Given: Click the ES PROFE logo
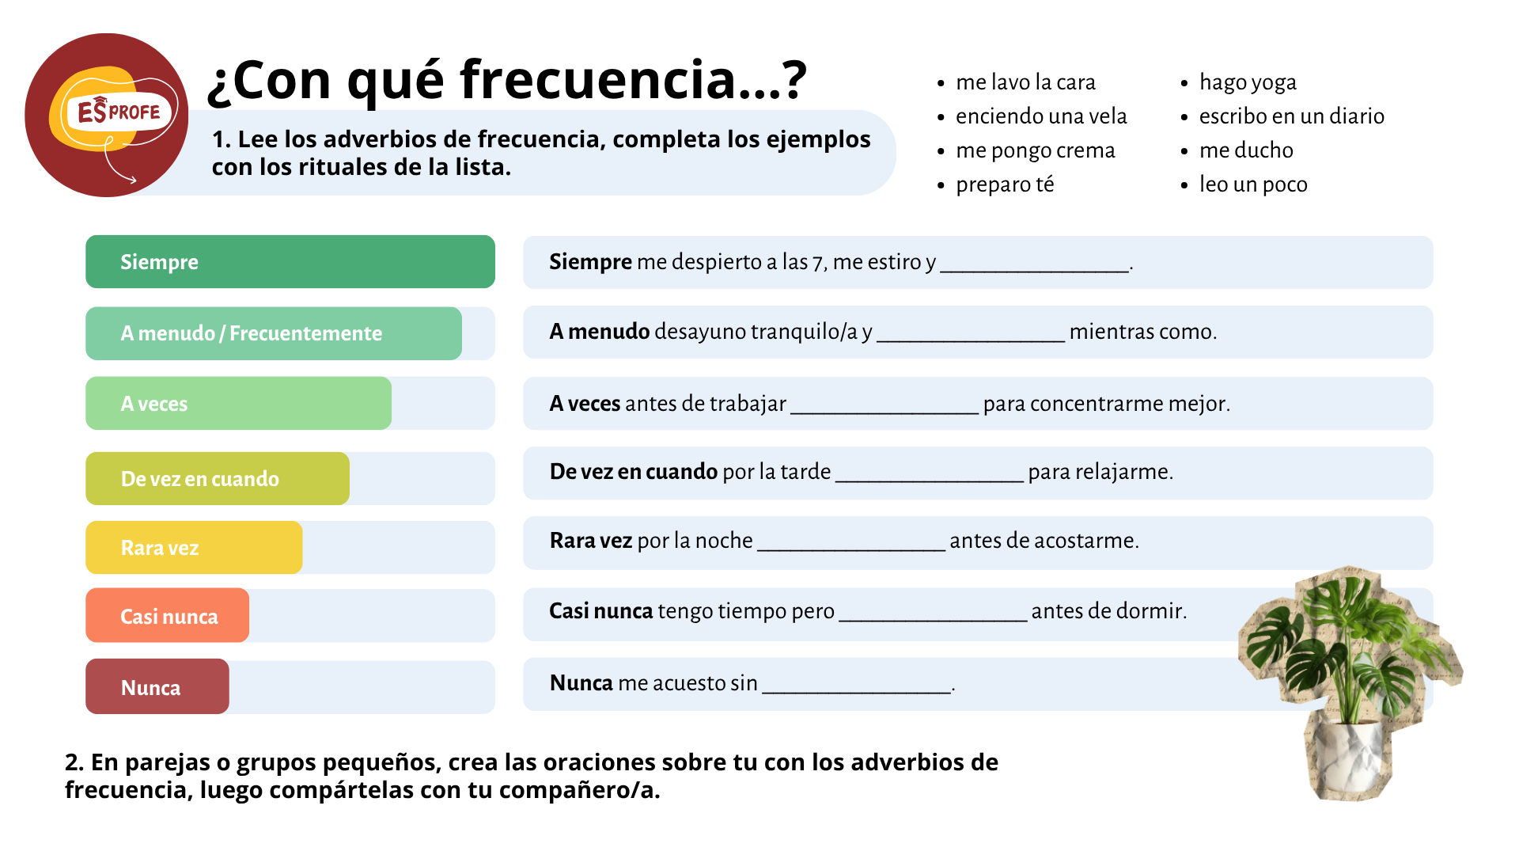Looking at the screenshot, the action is pos(107,116).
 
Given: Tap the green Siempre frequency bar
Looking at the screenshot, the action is pos(290,262).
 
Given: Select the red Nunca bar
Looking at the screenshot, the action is pos(157,686).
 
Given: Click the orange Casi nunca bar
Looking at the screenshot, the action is pos(167,615).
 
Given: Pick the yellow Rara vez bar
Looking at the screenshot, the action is pos(194,547).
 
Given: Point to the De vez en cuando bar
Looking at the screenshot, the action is pos(218,478).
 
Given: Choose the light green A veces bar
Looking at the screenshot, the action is pos(238,403).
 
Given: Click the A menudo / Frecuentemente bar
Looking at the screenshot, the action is pos(274,333).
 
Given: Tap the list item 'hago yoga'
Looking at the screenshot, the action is pos(1248,82).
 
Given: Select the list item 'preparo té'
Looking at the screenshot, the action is pos(1005,184).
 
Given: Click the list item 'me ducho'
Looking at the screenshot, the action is pos(1246,150).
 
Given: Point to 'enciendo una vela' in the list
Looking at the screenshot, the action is pos(1041,116).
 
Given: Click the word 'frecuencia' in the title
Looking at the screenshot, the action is pos(598,79).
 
